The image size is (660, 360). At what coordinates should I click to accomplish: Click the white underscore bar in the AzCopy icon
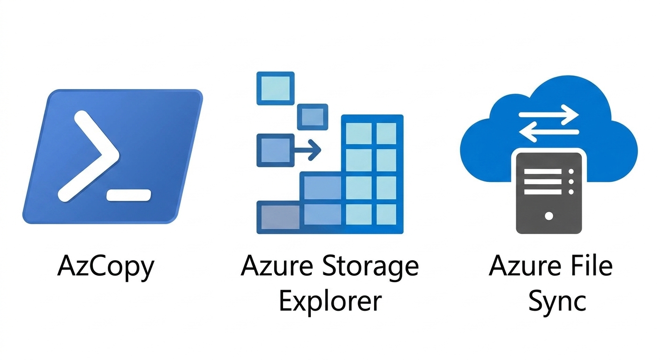coord(129,195)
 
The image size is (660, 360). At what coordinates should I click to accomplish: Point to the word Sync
coord(557,302)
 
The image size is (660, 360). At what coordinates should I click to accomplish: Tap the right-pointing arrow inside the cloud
coord(548,114)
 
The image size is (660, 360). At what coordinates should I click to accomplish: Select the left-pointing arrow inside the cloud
coord(548,132)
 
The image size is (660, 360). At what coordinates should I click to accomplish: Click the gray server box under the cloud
coord(549,193)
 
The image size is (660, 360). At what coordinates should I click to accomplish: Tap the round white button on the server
coord(549,216)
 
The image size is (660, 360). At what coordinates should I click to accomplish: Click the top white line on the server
coord(543,172)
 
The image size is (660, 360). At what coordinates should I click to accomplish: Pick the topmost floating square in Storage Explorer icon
coord(276,88)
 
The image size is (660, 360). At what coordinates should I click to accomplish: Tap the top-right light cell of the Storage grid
coord(386,134)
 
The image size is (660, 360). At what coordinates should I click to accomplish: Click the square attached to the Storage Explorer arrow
coord(276,150)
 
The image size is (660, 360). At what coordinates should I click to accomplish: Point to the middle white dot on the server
coord(571,182)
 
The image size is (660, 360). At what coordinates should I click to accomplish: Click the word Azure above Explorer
coord(277,265)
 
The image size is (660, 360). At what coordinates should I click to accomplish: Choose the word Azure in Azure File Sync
coord(525,265)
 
